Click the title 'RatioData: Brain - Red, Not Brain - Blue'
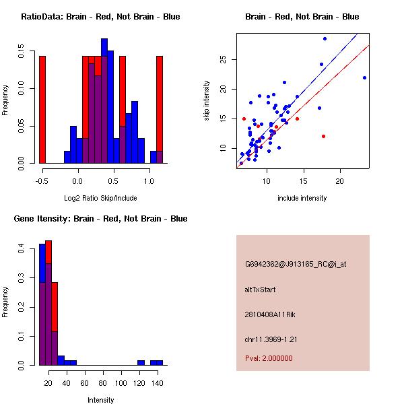click(x=100, y=17)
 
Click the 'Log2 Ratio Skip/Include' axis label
click(x=100, y=197)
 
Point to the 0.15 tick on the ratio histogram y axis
click(x=23, y=50)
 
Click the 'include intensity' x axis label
click(x=302, y=198)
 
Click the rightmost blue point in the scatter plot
click(x=364, y=77)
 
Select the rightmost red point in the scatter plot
click(x=323, y=136)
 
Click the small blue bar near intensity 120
click(x=141, y=362)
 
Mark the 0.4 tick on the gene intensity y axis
click(x=23, y=249)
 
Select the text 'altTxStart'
click(x=260, y=290)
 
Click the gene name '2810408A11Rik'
click(x=267, y=314)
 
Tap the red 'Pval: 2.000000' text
click(x=269, y=358)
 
